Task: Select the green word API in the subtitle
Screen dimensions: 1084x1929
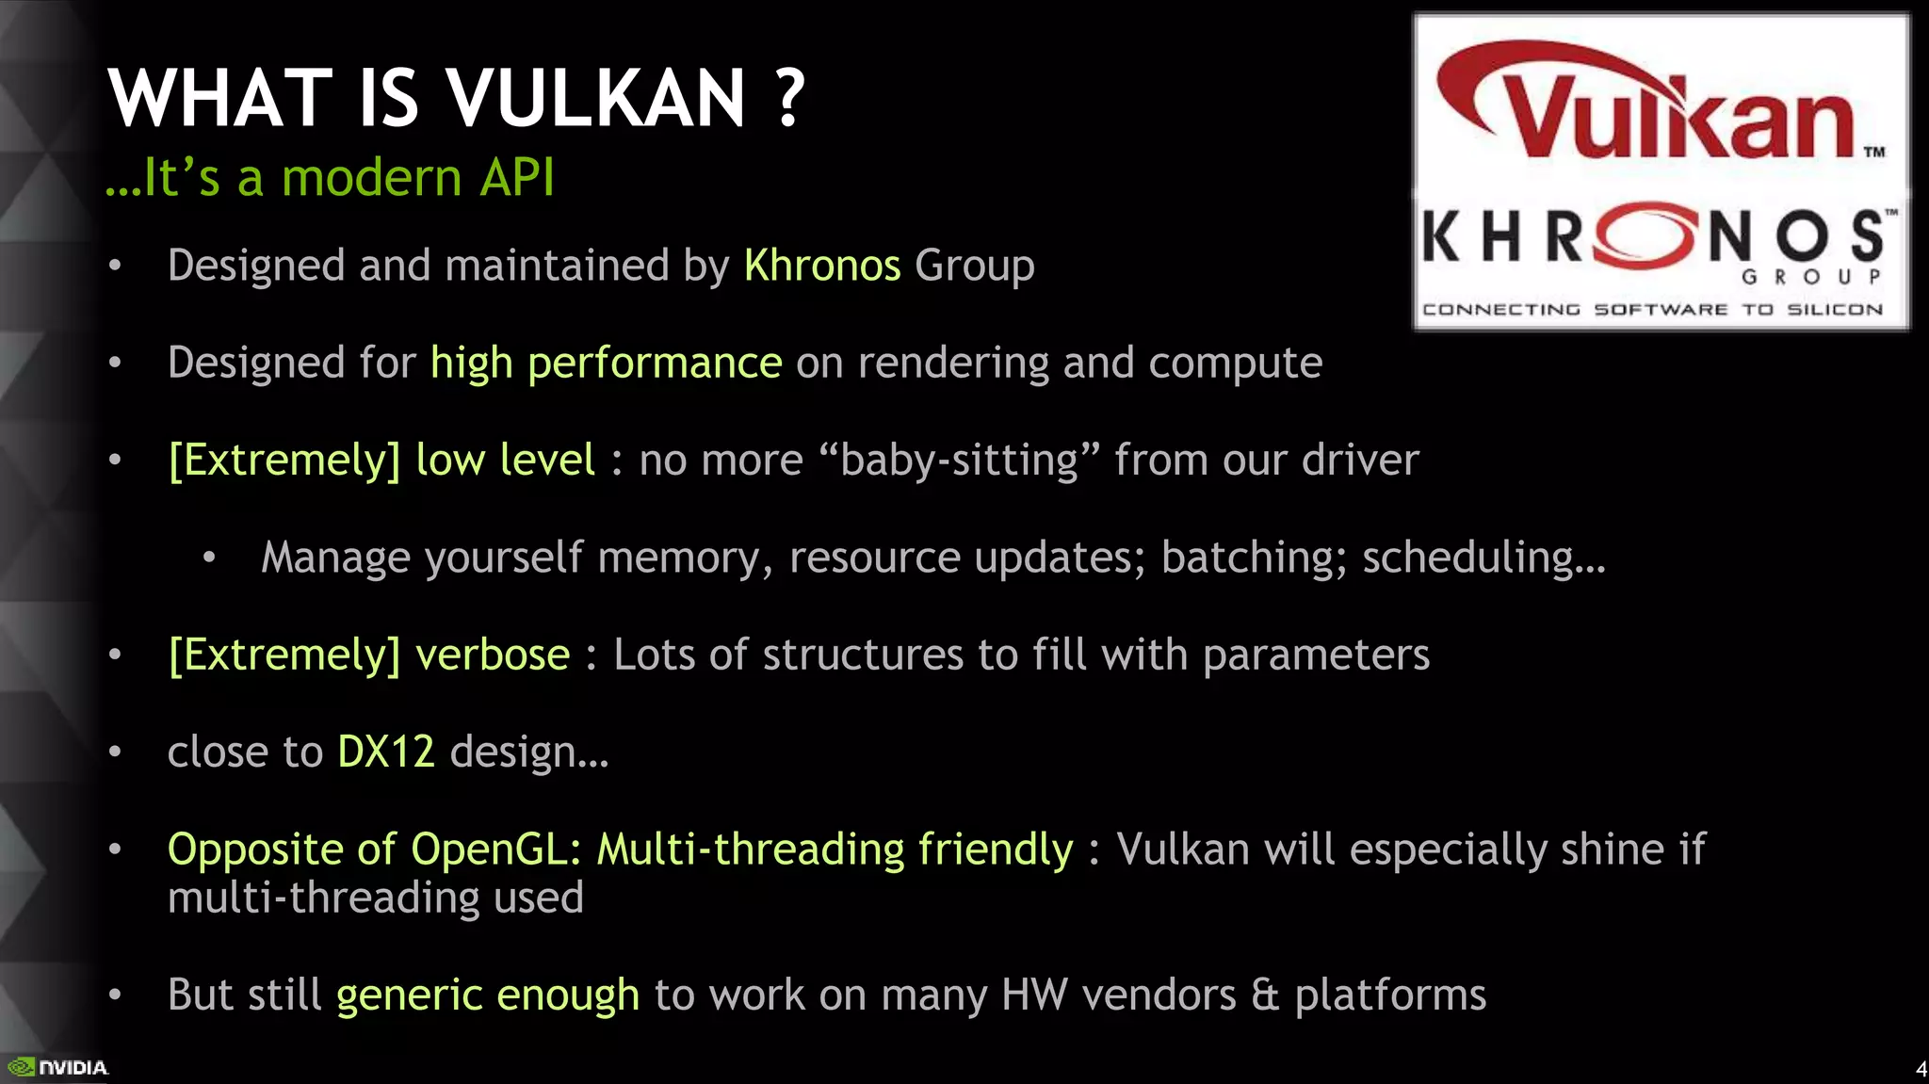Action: (517, 177)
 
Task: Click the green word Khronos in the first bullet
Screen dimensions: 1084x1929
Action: (822, 266)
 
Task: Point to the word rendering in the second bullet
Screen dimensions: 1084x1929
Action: (953, 364)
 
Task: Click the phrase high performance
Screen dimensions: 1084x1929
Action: (606, 364)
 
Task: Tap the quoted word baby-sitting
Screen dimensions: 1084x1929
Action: (959, 461)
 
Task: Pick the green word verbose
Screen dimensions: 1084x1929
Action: (493, 655)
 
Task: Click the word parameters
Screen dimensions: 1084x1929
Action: (1316, 655)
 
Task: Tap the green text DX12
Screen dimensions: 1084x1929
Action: (386, 752)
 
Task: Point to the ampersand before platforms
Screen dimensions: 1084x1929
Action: (1265, 995)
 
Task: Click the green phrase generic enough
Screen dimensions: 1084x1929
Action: (488, 995)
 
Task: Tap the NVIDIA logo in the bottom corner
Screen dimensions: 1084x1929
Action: (58, 1067)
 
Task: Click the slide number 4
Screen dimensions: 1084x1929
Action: (1921, 1069)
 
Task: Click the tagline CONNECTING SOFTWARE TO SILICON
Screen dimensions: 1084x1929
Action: (1652, 310)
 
